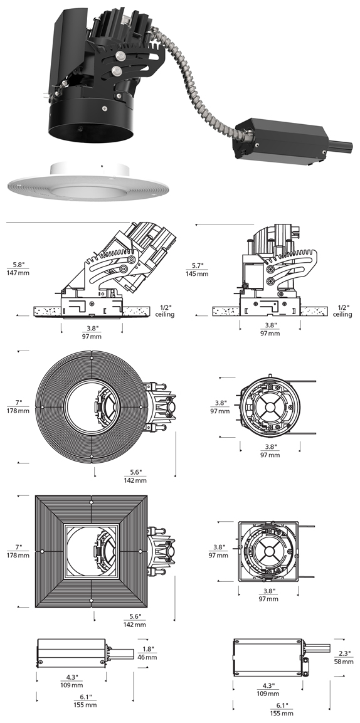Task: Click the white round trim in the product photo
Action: (85, 184)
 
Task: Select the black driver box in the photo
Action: (281, 140)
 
